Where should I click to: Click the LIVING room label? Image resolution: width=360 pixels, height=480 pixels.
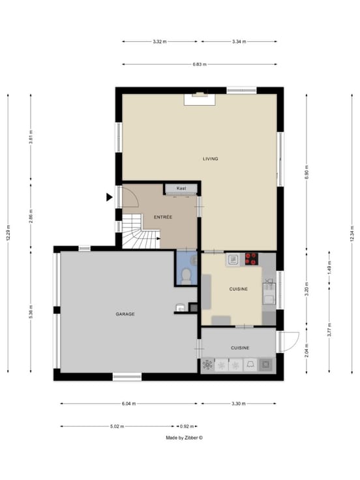210,158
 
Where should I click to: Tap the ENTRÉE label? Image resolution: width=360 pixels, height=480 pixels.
163,217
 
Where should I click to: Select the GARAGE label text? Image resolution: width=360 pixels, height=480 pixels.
125,314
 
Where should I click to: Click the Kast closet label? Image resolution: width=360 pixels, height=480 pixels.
181,188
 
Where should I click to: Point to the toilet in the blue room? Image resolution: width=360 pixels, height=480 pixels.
185,275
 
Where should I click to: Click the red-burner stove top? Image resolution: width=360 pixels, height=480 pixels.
251,259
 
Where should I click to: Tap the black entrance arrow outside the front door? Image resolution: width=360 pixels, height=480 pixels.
110,198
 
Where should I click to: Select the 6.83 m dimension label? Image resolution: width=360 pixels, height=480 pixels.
200,65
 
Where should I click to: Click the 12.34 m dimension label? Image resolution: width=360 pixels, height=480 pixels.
352,233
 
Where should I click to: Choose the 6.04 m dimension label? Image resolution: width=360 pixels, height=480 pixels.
128,404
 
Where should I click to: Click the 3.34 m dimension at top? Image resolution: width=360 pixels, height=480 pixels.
239,42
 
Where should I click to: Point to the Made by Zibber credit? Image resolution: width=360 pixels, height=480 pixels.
185,438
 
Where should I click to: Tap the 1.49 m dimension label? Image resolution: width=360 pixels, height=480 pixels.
329,267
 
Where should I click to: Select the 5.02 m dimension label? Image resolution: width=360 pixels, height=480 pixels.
117,426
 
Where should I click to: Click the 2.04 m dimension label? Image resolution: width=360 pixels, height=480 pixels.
307,350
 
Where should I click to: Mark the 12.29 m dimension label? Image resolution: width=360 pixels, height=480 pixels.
8,233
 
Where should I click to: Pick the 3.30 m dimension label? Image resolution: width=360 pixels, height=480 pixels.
239,404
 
